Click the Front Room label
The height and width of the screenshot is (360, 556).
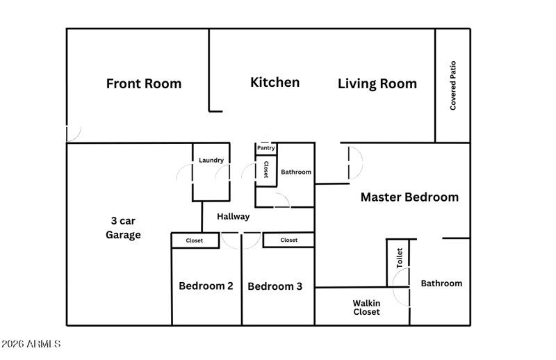tap(144, 83)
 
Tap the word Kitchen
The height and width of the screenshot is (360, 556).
tap(275, 82)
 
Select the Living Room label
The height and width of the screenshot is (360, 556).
tap(377, 83)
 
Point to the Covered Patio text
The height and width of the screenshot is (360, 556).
tap(453, 85)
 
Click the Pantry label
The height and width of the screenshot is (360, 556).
tap(266, 148)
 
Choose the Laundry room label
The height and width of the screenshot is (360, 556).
tap(211, 161)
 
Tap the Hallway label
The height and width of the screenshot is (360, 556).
tap(234, 216)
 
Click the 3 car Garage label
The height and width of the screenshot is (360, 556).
tap(123, 228)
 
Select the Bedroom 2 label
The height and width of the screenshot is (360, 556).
tap(206, 286)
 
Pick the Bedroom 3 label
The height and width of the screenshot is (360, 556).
tap(275, 286)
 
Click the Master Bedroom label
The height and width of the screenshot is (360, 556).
tap(409, 197)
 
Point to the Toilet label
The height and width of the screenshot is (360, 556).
tap(400, 258)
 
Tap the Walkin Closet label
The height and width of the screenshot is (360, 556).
tap(366, 307)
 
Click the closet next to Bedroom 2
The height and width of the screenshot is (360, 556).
tap(195, 240)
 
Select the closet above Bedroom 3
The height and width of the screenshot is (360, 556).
tap(288, 240)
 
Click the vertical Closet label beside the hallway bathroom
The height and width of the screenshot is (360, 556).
tap(266, 169)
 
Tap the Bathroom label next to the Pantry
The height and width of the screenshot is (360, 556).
tap(296, 172)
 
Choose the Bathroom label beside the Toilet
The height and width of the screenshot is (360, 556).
tap(441, 284)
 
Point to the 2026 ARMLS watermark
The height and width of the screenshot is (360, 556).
tap(31, 344)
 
